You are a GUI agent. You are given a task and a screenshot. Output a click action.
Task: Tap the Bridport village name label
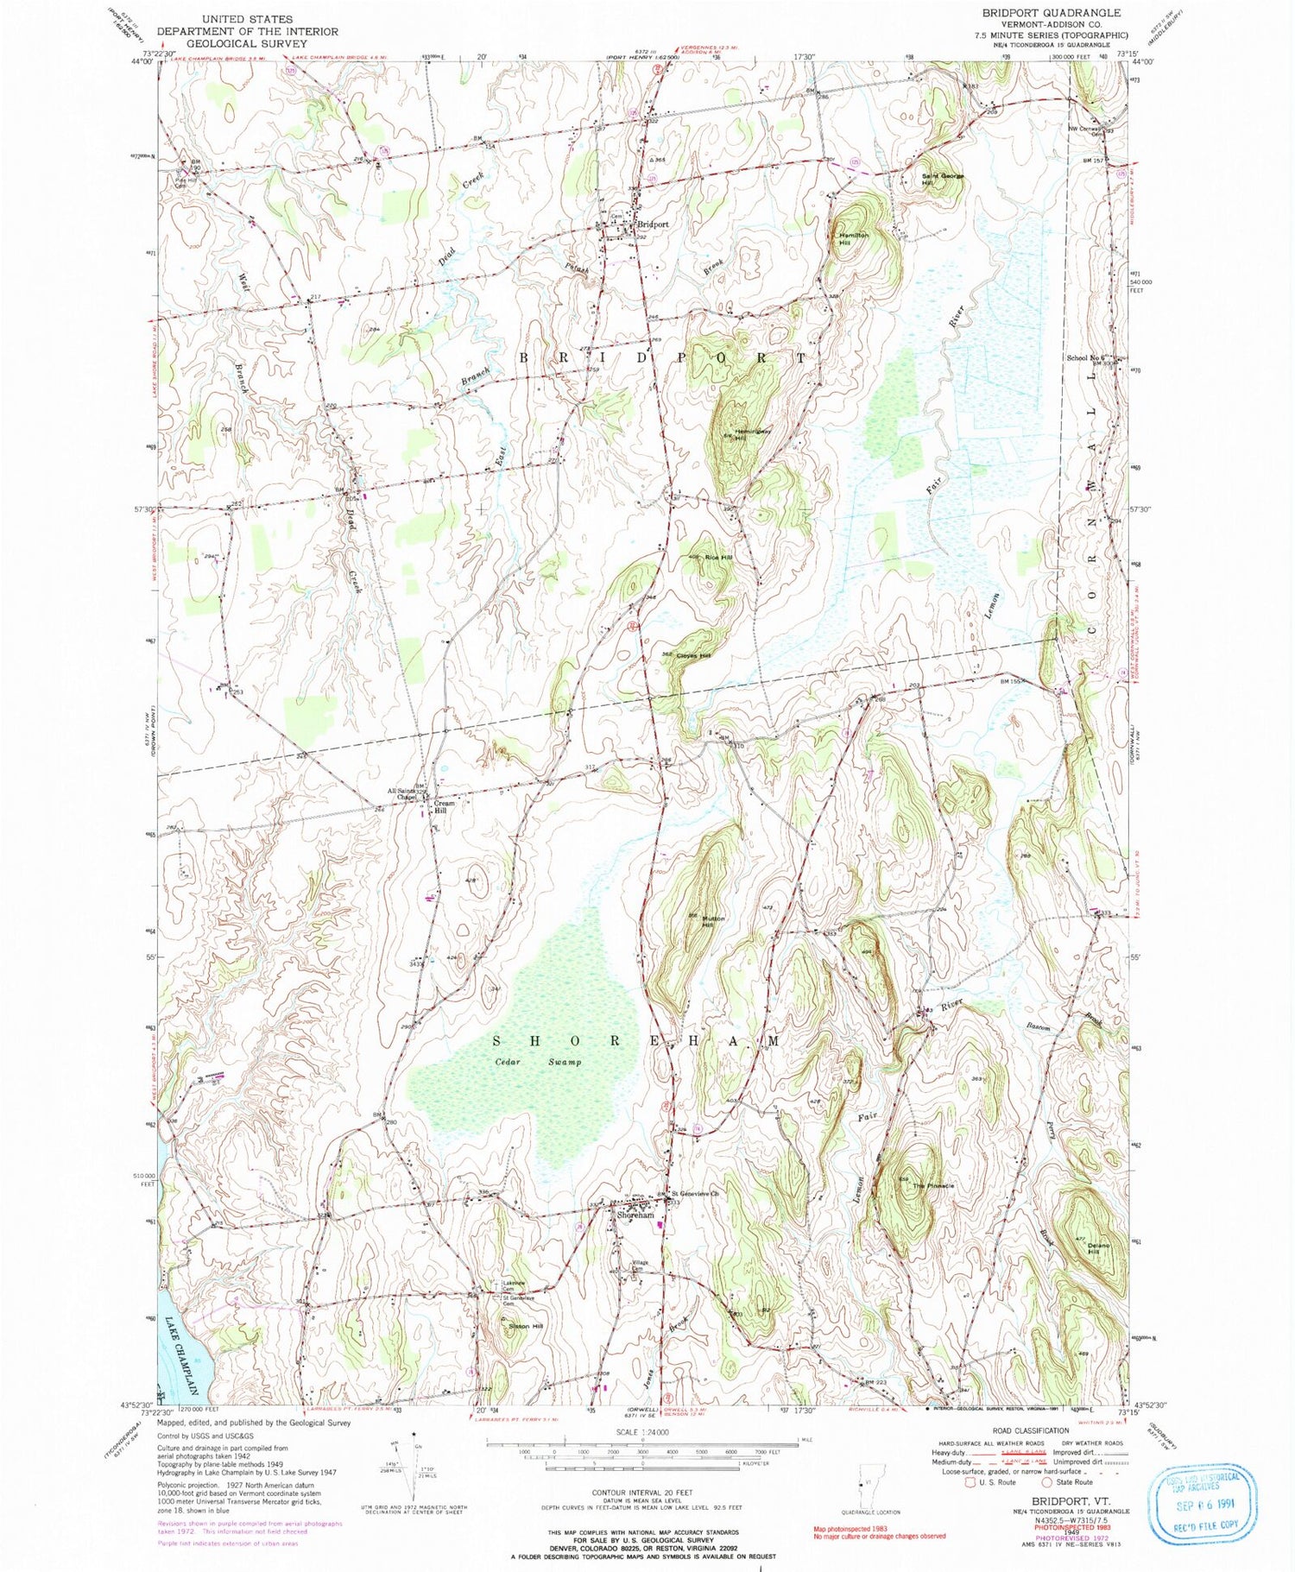click(x=652, y=224)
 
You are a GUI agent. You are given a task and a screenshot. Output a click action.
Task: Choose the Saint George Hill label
click(x=938, y=180)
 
